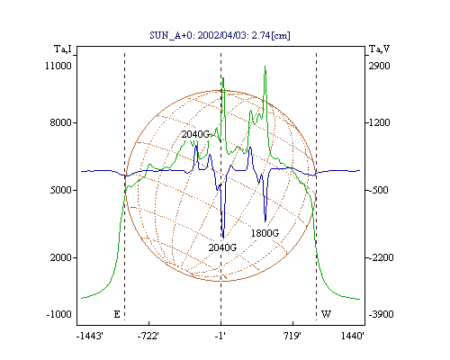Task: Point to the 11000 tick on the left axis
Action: [x=58, y=66]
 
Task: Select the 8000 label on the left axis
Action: [x=61, y=122]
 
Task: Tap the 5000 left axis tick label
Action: [x=61, y=190]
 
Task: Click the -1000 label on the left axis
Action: [x=59, y=314]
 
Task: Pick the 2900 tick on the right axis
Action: [x=380, y=66]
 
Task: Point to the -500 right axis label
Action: [x=379, y=190]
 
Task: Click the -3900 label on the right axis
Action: [x=381, y=314]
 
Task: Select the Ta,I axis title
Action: [x=63, y=49]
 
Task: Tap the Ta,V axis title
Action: [x=379, y=49]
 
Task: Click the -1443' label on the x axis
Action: [x=90, y=336]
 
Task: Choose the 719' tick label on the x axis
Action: [x=292, y=336]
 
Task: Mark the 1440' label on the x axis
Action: [x=353, y=336]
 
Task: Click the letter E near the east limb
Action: [x=117, y=314]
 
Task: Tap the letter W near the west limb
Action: [x=326, y=314]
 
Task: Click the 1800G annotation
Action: [x=265, y=233]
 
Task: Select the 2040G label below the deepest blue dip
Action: [x=222, y=247]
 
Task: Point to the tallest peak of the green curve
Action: [x=265, y=67]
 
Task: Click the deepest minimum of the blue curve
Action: [x=223, y=238]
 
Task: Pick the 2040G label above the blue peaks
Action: [x=195, y=134]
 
